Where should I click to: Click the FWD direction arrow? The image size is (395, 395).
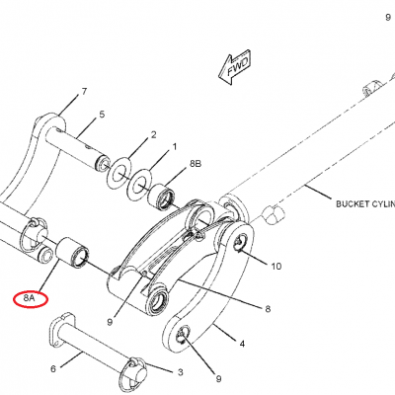tap(235, 68)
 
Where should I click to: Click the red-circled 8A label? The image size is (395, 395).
tap(31, 299)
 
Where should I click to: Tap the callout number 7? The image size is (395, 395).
tap(84, 92)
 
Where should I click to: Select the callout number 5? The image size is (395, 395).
tap(102, 115)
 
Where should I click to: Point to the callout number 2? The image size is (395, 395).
tap(153, 135)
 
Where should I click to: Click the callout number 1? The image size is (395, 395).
tap(175, 147)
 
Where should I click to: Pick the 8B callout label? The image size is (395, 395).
tap(196, 164)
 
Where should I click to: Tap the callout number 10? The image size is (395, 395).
tap(276, 266)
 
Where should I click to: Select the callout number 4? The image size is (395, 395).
tap(242, 344)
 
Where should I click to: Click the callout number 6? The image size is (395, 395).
tap(53, 369)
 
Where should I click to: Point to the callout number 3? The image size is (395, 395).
tap(181, 372)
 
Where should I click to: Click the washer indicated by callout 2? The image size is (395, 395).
tap(118, 174)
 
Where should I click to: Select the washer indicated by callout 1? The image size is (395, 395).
tap(140, 186)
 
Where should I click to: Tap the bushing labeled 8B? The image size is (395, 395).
tap(162, 197)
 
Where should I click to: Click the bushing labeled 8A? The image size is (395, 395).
tap(72, 252)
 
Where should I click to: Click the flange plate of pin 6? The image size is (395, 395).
tap(61, 330)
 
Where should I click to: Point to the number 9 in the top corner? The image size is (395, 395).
tap(388, 18)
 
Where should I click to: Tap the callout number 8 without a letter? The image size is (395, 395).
tap(268, 309)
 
